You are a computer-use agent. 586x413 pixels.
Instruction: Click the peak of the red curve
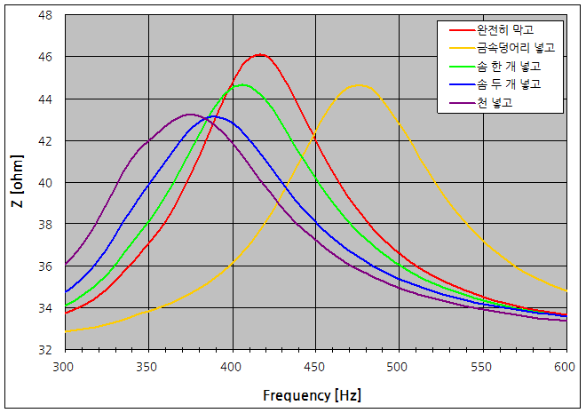[x=259, y=55]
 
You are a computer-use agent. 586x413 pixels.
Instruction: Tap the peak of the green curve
[x=242, y=85]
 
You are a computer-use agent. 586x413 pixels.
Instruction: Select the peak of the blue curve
[x=213, y=116]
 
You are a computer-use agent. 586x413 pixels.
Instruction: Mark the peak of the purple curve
[x=189, y=115]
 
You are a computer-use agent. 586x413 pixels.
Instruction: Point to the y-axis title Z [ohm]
[x=18, y=183]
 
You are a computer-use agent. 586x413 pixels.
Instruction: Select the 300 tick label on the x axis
[x=65, y=366]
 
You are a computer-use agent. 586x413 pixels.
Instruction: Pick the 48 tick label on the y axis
[x=46, y=15]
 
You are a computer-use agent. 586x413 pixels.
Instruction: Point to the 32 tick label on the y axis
[x=46, y=350]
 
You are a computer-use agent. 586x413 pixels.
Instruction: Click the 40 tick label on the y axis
[x=46, y=183]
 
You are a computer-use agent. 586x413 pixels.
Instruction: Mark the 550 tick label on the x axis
[x=483, y=366]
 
